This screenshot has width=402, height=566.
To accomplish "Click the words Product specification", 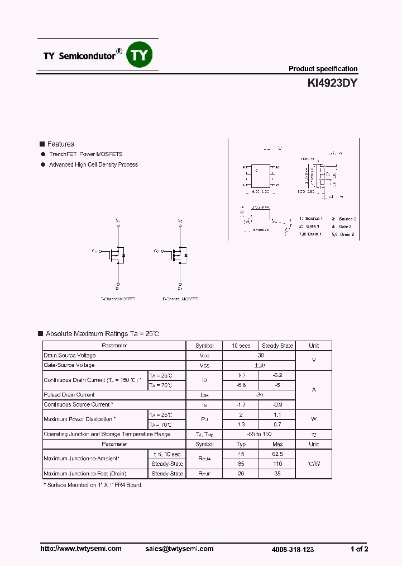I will click(323, 69).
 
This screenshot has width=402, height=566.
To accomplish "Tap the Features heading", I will click(60, 144).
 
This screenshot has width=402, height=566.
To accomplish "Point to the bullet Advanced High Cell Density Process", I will click(93, 165).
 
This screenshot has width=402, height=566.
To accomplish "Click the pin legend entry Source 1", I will click(311, 219).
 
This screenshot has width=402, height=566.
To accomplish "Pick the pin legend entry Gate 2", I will click(342, 227).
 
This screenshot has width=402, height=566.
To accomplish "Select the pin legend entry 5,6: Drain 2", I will click(343, 234).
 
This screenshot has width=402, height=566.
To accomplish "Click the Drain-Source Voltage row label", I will click(70, 356).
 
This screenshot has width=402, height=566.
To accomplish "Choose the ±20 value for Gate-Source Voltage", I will click(259, 365).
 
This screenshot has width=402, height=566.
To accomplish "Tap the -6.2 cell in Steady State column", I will click(277, 375).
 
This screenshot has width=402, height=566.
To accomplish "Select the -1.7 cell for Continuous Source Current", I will click(241, 404).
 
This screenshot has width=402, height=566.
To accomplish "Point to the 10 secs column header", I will click(241, 346).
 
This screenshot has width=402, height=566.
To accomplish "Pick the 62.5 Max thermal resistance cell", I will click(277, 454).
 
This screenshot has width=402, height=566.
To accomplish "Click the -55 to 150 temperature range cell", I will click(259, 434).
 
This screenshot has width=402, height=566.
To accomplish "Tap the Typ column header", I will click(241, 444).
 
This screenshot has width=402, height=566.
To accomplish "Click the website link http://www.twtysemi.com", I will click(81, 549).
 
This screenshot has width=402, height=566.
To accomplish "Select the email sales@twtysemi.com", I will click(182, 549).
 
